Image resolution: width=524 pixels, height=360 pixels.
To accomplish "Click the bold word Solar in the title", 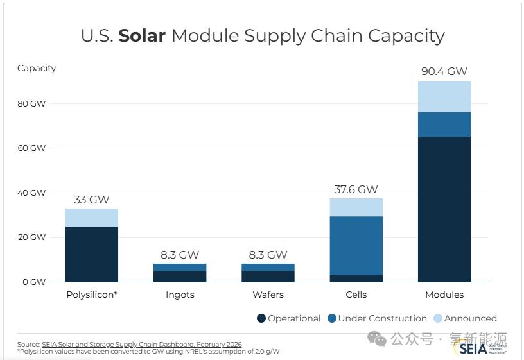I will click(x=142, y=35).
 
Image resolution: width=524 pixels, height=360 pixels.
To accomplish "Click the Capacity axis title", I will click(x=37, y=68).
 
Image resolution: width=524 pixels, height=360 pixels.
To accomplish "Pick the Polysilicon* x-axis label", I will click(x=92, y=295).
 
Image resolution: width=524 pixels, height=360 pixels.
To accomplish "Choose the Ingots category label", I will click(x=179, y=295).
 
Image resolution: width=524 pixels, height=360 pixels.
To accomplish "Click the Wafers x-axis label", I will click(x=268, y=295).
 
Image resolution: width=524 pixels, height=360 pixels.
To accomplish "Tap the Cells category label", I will click(x=356, y=295).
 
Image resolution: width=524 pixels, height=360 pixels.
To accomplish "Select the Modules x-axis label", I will click(x=444, y=295).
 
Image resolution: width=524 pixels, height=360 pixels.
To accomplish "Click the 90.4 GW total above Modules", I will click(x=444, y=71).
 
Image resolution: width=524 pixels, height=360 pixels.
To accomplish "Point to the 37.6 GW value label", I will click(x=356, y=189).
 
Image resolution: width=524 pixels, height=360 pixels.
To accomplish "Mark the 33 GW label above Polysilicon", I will click(x=92, y=200).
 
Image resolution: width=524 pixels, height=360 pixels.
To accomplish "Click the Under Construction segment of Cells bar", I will click(x=356, y=246).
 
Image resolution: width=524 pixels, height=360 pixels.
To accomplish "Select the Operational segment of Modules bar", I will click(x=444, y=209).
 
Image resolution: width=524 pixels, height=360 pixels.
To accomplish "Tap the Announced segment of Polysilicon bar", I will click(x=92, y=218).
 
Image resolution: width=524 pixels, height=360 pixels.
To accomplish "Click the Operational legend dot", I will click(x=261, y=318).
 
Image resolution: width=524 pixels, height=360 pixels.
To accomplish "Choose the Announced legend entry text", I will click(x=471, y=318).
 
